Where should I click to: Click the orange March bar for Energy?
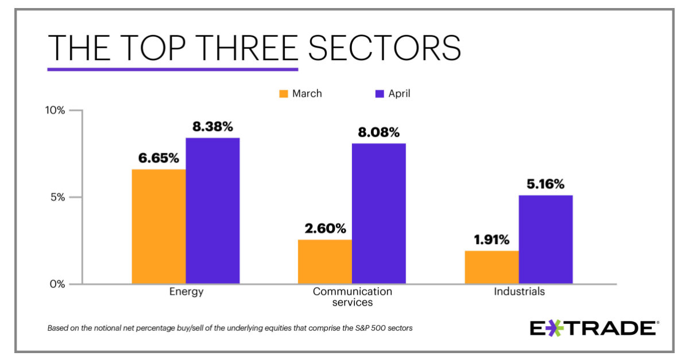tap(158, 226)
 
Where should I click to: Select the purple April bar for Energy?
tap(212, 211)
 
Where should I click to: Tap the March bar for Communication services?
tap(325, 261)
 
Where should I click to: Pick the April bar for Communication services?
tap(379, 213)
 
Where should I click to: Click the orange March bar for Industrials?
tap(491, 267)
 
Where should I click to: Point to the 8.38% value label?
tap(212, 127)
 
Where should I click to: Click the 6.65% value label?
tap(158, 158)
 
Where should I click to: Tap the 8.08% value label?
tap(379, 133)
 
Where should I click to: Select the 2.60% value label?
tap(325, 229)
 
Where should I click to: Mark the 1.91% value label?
tap(491, 240)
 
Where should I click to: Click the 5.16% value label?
tap(545, 184)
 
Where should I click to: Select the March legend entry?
tap(301, 94)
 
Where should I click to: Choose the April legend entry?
tap(393, 94)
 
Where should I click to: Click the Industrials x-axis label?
tap(519, 292)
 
